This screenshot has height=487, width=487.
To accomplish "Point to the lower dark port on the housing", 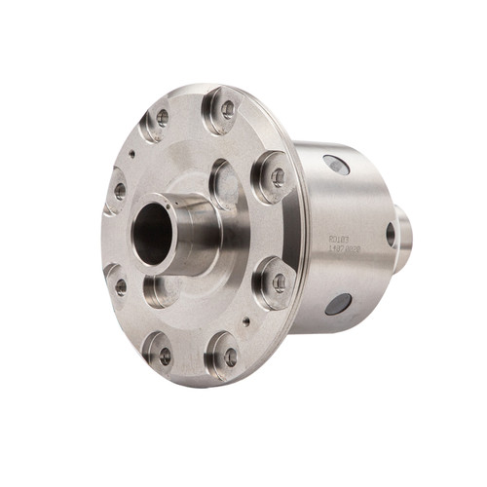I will (338, 303).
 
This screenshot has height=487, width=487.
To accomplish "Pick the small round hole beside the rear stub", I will (391, 234).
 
